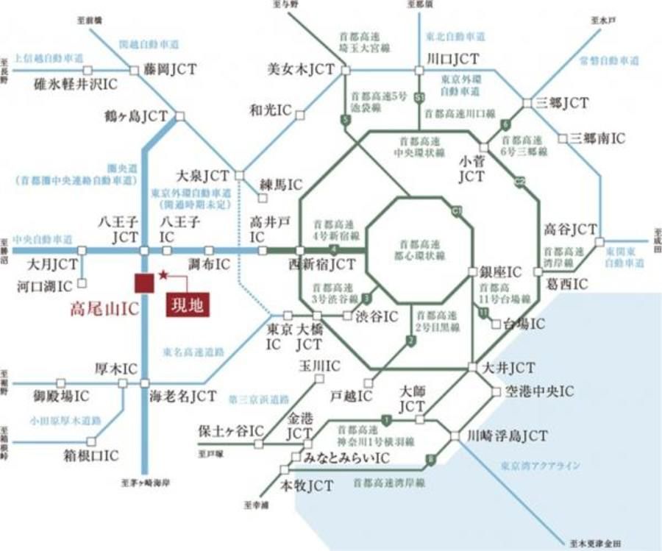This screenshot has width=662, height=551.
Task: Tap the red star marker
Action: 163,274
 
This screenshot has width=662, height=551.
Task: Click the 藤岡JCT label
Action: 171,71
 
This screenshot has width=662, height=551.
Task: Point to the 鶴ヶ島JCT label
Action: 138,116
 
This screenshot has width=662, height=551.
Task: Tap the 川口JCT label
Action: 452,60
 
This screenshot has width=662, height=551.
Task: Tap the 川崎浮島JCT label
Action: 508,436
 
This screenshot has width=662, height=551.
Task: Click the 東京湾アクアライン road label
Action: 540,466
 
